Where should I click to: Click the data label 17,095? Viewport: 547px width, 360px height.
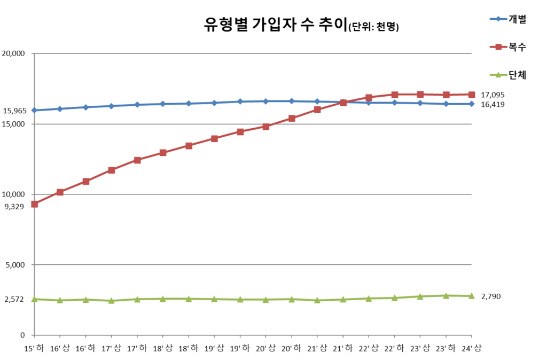493,95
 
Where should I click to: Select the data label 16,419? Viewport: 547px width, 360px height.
493,104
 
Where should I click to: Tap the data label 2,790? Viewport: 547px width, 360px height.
490,296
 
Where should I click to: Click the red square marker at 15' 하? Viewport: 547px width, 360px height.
34,204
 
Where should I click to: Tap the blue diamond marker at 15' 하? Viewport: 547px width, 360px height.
34,111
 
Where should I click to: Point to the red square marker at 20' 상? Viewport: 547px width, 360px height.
265,127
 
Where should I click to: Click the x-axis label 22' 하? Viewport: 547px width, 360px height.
394,348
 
